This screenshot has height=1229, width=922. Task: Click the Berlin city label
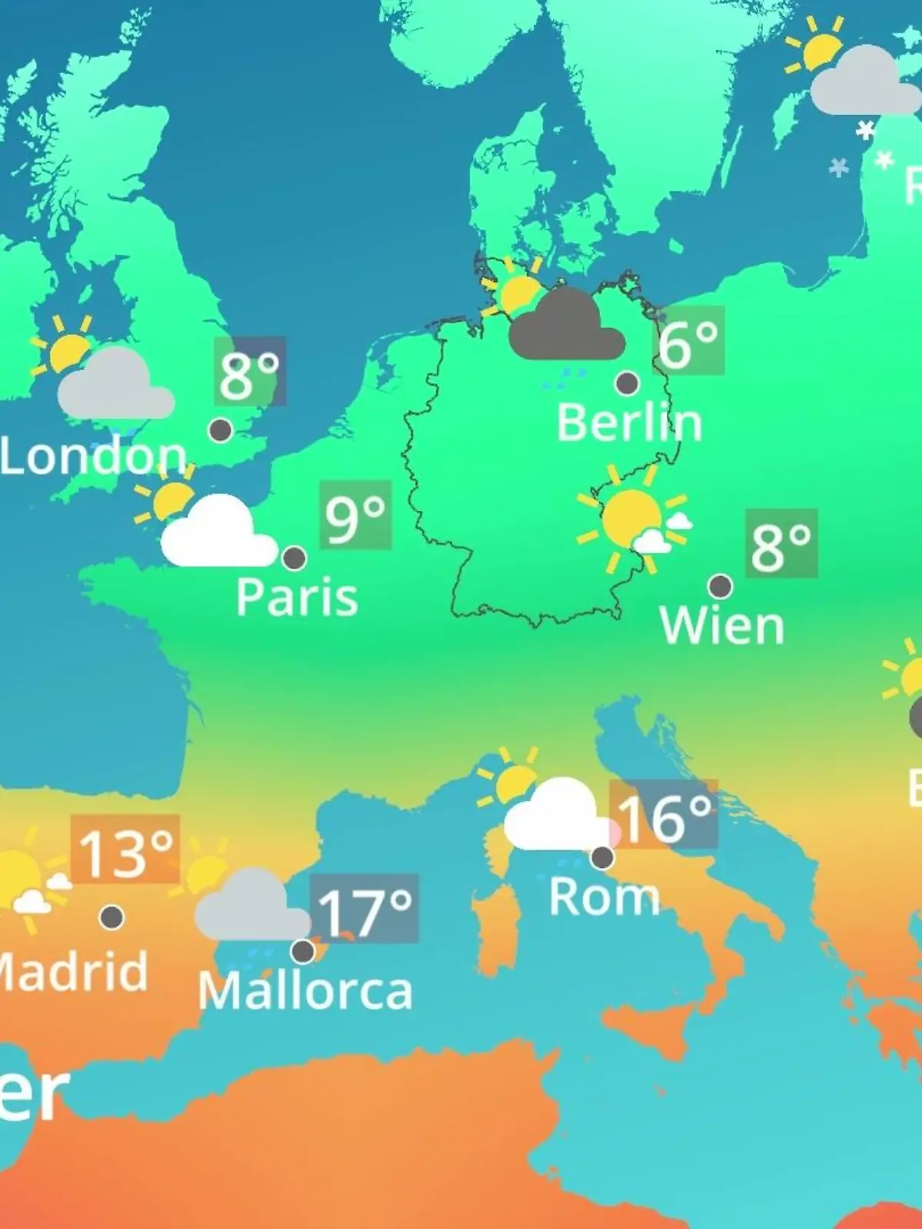tap(629, 423)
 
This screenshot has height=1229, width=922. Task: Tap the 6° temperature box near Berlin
tap(689, 341)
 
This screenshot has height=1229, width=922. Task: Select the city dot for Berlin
tap(627, 383)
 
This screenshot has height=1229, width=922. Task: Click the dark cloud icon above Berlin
tap(566, 326)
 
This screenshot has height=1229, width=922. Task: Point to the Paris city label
tap(297, 598)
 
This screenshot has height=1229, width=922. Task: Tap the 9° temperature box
tap(355, 515)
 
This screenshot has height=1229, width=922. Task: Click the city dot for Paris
tap(294, 558)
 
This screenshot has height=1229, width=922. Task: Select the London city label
tap(93, 456)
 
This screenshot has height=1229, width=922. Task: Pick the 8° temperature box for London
tap(250, 372)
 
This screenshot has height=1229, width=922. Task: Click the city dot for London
tap(221, 430)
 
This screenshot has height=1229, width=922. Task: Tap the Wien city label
tap(721, 626)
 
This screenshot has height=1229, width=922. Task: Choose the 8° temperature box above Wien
tap(781, 544)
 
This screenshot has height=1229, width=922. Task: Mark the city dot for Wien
tap(720, 587)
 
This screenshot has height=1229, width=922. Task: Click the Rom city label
tap(604, 897)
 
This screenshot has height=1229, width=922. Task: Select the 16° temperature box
tap(664, 815)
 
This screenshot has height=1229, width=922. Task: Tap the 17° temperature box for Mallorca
tap(365, 909)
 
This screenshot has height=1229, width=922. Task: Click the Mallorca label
tap(305, 991)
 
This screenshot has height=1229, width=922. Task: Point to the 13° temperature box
tap(125, 850)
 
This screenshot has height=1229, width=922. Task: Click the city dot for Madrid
tap(112, 917)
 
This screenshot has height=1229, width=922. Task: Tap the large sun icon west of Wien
tap(632, 519)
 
